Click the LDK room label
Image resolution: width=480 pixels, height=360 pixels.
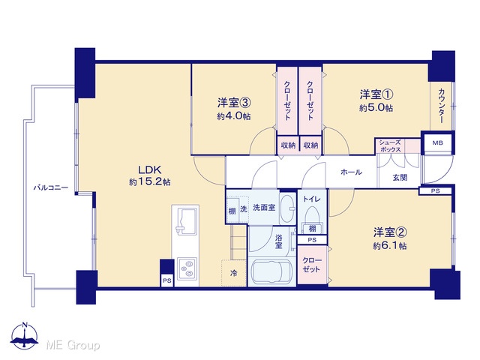click(x=150, y=170)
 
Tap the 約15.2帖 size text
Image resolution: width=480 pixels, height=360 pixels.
click(x=150, y=182)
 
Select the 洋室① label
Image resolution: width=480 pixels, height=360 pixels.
click(x=376, y=94)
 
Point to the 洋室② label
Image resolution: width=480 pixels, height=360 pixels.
click(x=390, y=232)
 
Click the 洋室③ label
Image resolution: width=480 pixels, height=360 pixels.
click(x=234, y=103)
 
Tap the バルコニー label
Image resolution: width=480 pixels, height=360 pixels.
click(x=51, y=187)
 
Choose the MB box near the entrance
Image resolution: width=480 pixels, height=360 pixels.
click(x=437, y=143)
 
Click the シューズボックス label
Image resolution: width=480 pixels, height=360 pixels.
click(x=390, y=146)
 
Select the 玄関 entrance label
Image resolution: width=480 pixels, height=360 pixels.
click(x=400, y=177)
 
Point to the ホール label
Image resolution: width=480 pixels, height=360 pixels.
click(x=351, y=172)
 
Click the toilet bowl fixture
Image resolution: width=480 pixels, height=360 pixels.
click(x=312, y=215)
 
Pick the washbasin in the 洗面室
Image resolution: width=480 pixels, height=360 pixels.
click(x=287, y=208)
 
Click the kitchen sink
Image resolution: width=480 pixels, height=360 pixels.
click(x=185, y=220)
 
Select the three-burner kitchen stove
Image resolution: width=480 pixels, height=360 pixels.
click(x=187, y=268)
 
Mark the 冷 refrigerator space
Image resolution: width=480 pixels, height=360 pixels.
click(x=234, y=273)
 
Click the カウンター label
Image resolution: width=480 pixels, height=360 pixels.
click(x=442, y=106)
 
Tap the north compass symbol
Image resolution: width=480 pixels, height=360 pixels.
click(x=25, y=336)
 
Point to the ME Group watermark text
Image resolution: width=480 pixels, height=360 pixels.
click(x=73, y=345)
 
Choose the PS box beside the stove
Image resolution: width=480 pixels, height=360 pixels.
click(x=166, y=280)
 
